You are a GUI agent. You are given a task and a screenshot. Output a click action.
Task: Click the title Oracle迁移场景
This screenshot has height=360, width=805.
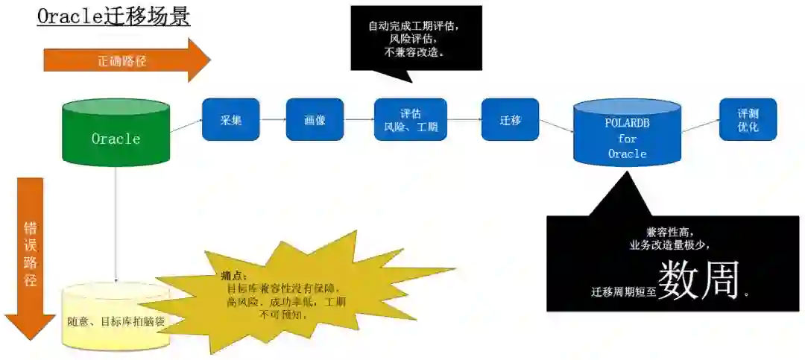click(113, 16)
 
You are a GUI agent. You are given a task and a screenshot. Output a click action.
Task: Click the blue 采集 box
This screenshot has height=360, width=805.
click(230, 119)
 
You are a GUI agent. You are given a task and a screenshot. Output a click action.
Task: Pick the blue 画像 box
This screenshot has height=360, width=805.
click(315, 119)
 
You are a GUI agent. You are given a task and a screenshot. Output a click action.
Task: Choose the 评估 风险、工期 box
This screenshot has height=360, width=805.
click(410, 120)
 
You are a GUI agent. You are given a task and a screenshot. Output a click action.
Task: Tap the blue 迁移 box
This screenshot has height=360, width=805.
click(510, 119)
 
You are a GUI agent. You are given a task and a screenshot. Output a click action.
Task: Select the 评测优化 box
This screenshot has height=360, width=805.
click(748, 119)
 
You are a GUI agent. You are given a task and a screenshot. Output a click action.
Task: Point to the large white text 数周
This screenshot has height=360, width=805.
click(699, 281)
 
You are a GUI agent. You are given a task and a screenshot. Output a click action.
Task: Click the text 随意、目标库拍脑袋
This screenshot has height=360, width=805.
click(116, 321)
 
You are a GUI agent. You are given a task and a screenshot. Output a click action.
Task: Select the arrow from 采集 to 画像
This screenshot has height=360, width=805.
click(272, 119)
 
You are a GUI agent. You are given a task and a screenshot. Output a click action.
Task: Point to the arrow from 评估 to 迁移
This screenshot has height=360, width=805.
click(464, 119)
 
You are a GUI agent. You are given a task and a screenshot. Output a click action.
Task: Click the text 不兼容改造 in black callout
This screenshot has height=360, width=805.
click(414, 52)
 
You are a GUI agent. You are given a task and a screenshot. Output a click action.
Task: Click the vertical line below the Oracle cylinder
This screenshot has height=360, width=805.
click(116, 224)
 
